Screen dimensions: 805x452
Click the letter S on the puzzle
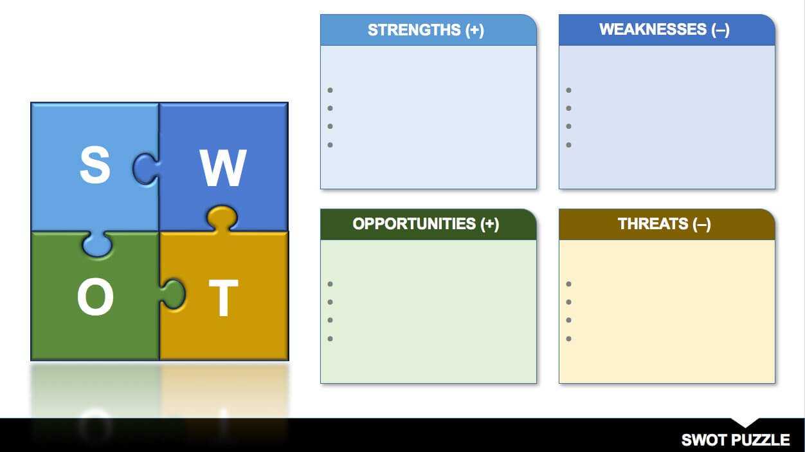click(x=95, y=165)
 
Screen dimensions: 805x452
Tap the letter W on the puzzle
click(x=223, y=167)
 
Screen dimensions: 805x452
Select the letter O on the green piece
click(x=95, y=297)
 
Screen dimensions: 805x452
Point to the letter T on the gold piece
click(x=224, y=298)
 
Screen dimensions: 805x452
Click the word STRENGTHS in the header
click(x=414, y=30)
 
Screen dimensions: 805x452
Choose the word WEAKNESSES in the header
click(x=653, y=29)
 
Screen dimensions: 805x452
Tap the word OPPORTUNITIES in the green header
click(x=414, y=224)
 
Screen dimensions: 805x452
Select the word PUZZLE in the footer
click(x=761, y=440)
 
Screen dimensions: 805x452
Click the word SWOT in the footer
click(x=705, y=440)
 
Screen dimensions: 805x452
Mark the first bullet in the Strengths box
click(x=330, y=90)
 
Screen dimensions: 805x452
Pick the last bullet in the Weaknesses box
click(x=568, y=145)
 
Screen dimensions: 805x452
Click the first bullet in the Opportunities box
click(x=330, y=284)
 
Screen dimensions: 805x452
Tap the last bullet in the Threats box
click(x=568, y=339)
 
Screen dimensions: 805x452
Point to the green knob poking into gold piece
click(x=173, y=294)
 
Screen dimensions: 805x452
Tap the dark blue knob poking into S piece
click(x=146, y=169)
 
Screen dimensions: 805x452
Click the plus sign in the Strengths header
click(x=475, y=30)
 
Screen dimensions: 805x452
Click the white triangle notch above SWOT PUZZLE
click(x=745, y=422)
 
